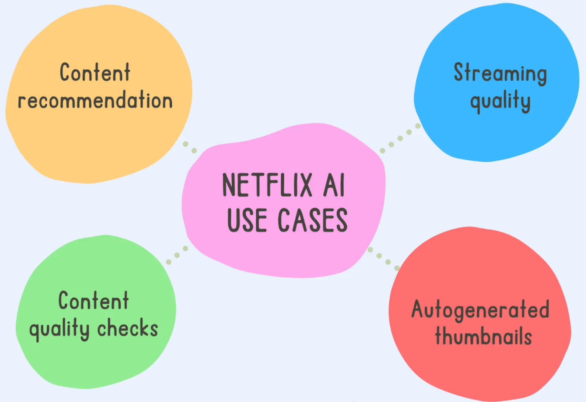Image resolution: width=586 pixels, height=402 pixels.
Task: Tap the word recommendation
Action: [95, 100]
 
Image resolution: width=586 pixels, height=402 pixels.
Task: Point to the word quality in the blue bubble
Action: [500, 101]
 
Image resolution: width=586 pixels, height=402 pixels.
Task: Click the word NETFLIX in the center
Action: [267, 185]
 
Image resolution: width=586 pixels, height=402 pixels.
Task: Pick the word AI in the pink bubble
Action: [334, 185]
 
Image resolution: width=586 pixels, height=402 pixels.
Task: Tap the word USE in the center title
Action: [247, 220]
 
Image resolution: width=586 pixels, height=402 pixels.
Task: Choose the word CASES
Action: [312, 220]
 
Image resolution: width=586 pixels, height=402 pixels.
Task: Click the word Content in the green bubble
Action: [94, 301]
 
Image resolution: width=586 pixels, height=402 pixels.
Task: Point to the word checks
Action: [127, 328]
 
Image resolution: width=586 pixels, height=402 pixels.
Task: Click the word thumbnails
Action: [483, 337]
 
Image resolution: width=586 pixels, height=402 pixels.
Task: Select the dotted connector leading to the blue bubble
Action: [400, 138]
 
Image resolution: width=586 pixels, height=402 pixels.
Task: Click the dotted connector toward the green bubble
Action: [177, 255]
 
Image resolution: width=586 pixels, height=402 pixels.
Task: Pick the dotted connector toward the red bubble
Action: [383, 259]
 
